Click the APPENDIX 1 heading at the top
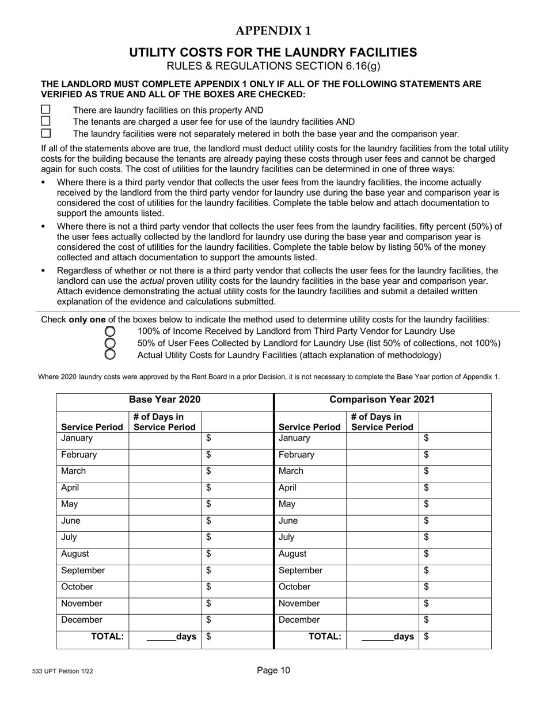click(x=273, y=31)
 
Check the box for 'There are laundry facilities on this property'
click(x=45, y=109)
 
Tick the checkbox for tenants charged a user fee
click(x=45, y=121)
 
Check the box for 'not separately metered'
click(x=45, y=133)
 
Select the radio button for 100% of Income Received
click(x=110, y=332)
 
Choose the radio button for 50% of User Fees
click(x=110, y=343)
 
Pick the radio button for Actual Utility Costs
click(x=110, y=355)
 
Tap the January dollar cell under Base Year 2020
click(x=237, y=439)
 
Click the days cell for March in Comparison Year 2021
click(x=382, y=471)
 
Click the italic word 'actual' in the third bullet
click(x=153, y=281)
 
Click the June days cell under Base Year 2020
click(x=165, y=521)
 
